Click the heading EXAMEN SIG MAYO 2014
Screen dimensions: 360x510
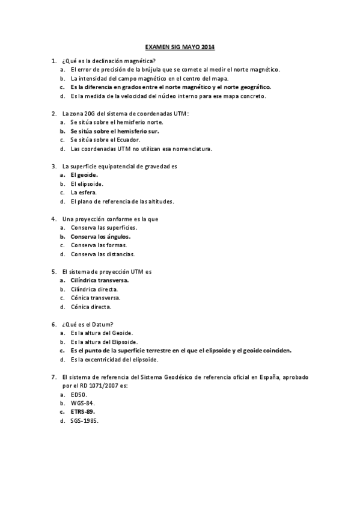[x=180, y=47]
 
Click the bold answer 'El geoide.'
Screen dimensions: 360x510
[x=84, y=174]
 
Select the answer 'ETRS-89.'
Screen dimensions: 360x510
[x=82, y=412]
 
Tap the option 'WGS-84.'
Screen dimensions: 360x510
[x=82, y=403]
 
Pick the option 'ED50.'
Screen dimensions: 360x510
[x=79, y=394]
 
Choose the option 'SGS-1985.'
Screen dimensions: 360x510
[x=84, y=421]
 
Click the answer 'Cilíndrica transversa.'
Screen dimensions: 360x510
[x=100, y=280]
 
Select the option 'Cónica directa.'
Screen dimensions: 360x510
[x=91, y=307]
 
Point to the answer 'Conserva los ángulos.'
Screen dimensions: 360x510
[x=100, y=236]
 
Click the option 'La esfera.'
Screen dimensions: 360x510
[x=84, y=192]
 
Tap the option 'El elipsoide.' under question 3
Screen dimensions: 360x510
[x=87, y=183]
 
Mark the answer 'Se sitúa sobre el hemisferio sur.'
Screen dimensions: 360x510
[x=118, y=131]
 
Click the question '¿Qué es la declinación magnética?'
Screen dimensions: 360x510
[x=109, y=61]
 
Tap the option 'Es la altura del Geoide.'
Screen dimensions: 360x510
[x=102, y=333]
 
